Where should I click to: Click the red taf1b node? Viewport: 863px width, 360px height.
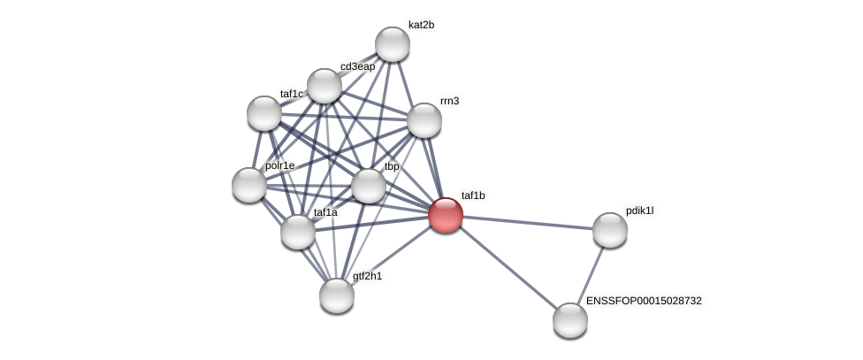445,214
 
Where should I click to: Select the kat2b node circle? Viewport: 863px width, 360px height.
392,44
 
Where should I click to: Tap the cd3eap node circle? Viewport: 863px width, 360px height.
325,86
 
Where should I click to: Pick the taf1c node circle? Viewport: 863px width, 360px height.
264,112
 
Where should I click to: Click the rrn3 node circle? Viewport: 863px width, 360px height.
424,120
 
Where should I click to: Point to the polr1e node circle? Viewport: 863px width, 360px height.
249,184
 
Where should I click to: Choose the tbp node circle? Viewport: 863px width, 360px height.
368,186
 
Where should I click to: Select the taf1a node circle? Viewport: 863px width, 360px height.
298,232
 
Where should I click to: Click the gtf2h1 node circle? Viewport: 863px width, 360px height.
337,295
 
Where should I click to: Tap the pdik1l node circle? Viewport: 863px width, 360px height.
609,230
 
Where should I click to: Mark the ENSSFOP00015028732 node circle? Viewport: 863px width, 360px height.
570,319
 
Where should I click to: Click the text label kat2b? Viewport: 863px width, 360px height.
421,25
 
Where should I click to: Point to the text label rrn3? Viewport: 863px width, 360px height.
449,101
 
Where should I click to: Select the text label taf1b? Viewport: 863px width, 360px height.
473,195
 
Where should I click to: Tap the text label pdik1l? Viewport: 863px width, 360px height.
639,211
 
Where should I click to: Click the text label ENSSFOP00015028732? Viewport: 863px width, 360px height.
644,301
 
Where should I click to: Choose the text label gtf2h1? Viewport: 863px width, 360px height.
367,276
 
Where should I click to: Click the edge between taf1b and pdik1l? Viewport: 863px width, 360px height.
527,222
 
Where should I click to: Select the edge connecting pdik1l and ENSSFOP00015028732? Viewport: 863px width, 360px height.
590,275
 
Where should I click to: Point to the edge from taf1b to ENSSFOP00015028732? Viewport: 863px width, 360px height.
508,267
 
